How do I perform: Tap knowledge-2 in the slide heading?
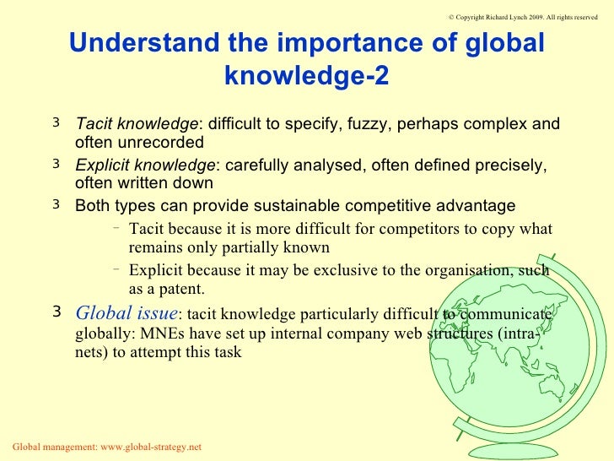point(307,77)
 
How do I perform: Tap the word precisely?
point(509,165)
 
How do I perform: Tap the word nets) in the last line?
point(83,353)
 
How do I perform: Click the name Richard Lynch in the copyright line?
point(492,16)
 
